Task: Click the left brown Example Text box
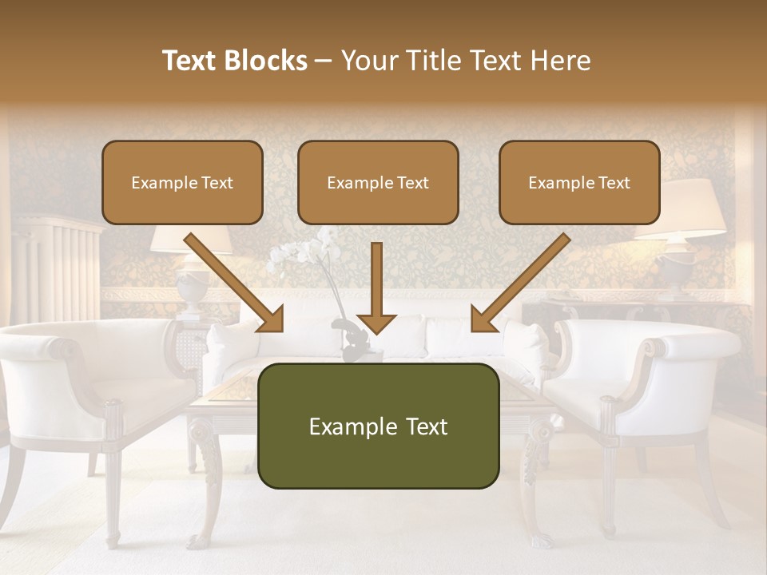pos(182,182)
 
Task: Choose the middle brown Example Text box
pos(378,182)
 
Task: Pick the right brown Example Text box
pos(579,182)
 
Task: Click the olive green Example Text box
pos(378,426)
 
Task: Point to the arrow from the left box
pos(234,283)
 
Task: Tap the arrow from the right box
pos(520,283)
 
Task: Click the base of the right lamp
pos(675,272)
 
